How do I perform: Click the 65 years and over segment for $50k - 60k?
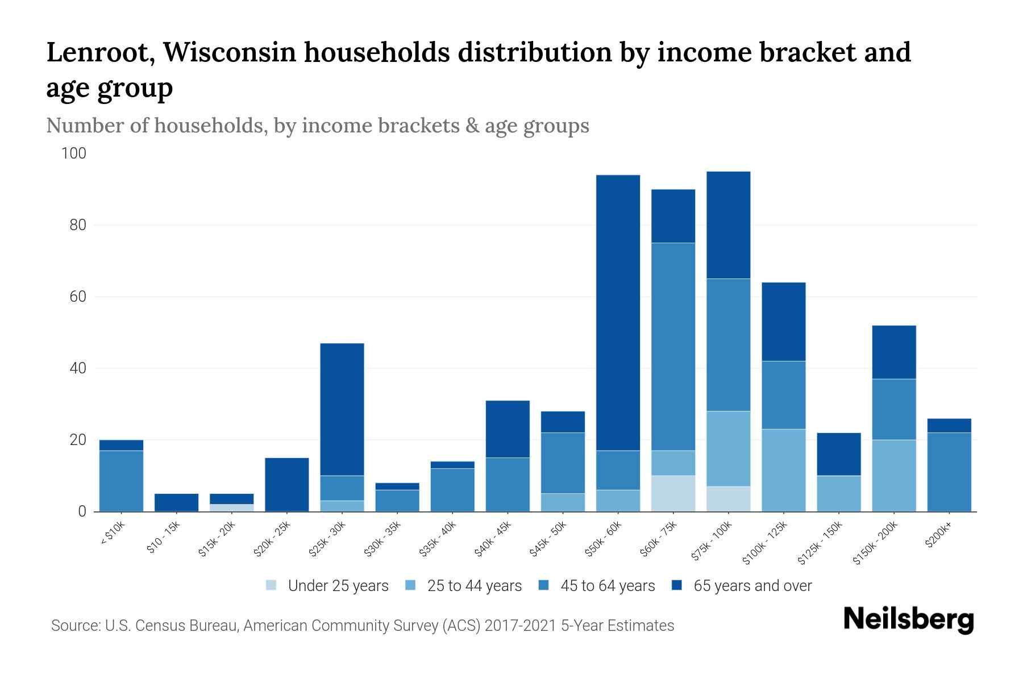pyautogui.click(x=618, y=313)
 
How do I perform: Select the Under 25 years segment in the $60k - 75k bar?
pyautogui.click(x=673, y=493)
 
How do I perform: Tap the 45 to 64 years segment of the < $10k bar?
pyautogui.click(x=121, y=481)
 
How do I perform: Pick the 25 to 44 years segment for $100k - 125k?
pyautogui.click(x=783, y=470)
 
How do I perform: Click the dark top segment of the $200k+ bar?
pyautogui.click(x=949, y=426)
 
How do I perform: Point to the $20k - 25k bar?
pyautogui.click(x=287, y=484)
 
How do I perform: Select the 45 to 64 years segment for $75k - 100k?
pyautogui.click(x=728, y=344)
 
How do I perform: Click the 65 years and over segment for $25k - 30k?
pyautogui.click(x=342, y=409)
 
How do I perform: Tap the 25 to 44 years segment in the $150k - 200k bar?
pyautogui.click(x=893, y=475)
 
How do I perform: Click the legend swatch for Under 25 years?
pyautogui.click(x=272, y=585)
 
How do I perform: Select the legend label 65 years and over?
pyautogui.click(x=752, y=586)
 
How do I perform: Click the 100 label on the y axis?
pyautogui.click(x=74, y=153)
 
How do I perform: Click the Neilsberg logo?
pyautogui.click(x=908, y=619)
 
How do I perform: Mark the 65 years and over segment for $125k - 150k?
pyautogui.click(x=838, y=454)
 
